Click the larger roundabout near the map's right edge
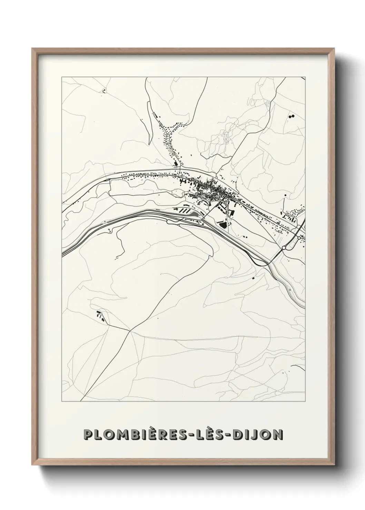point(284,247)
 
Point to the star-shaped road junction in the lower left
point(130,331)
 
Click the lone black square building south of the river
point(254,276)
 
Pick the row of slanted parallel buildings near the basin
point(182,210)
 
